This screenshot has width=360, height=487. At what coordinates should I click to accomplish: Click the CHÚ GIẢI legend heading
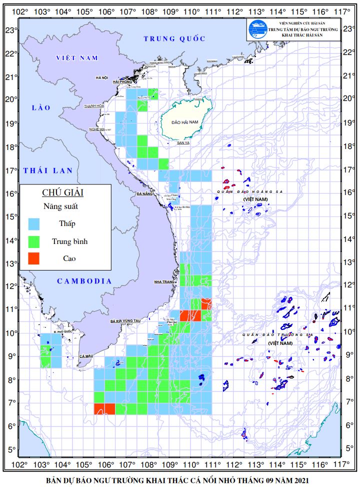tap(62, 192)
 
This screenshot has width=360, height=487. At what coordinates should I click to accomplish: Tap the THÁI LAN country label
tap(48, 170)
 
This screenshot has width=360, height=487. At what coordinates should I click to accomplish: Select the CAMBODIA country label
tap(84, 281)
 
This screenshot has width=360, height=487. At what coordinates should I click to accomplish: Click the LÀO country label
tap(38, 107)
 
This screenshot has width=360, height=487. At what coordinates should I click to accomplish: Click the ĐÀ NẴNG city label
tap(144, 193)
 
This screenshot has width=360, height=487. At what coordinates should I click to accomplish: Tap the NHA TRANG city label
tap(164, 282)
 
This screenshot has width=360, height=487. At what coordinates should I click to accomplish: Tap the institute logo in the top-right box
tap(256, 29)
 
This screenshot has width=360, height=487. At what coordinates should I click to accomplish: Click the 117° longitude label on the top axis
tap(341, 11)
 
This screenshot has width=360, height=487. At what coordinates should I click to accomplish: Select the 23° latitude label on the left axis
tap(9, 30)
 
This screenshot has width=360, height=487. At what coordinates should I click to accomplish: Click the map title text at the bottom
tap(177, 480)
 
